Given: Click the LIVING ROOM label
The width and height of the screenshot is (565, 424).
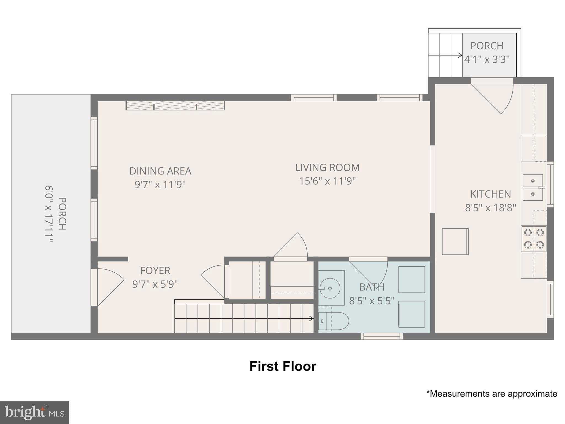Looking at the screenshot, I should pyautogui.click(x=327, y=168).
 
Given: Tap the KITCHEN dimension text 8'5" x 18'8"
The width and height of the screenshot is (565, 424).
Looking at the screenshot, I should pyautogui.click(x=490, y=208).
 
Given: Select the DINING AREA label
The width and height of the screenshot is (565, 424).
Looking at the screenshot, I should pyautogui.click(x=160, y=171).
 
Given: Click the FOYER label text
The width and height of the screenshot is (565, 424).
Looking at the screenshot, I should pyautogui.click(x=155, y=271).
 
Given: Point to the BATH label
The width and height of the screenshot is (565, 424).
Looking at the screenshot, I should pyautogui.click(x=372, y=287).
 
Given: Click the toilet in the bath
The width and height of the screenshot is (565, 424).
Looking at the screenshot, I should pyautogui.click(x=334, y=321).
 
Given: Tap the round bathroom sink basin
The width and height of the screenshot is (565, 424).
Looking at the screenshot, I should pyautogui.click(x=330, y=288).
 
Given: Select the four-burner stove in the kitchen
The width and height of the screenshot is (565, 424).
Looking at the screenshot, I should pyautogui.click(x=534, y=239).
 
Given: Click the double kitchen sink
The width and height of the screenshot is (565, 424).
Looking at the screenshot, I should pyautogui.click(x=533, y=187).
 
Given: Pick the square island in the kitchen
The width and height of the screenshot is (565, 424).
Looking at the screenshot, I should pyautogui.click(x=455, y=242).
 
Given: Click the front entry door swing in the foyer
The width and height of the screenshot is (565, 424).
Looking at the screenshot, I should pyautogui.click(x=109, y=287).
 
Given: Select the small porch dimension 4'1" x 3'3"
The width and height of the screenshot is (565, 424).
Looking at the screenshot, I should pyautogui.click(x=487, y=59).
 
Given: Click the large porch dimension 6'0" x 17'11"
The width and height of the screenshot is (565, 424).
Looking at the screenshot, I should pyautogui.click(x=49, y=214).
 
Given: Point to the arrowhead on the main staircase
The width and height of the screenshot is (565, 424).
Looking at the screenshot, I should pyautogui.click(x=311, y=319).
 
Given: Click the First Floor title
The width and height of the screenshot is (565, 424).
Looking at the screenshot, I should pyautogui.click(x=283, y=367).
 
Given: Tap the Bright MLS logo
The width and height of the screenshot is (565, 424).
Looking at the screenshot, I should pyautogui.click(x=34, y=413).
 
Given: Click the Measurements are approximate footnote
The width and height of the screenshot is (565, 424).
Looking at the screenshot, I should pyautogui.click(x=492, y=394).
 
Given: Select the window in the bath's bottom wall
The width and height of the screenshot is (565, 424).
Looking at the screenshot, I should pyautogui.click(x=382, y=336).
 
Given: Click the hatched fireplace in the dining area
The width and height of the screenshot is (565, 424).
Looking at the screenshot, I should pyautogui.click(x=175, y=106).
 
